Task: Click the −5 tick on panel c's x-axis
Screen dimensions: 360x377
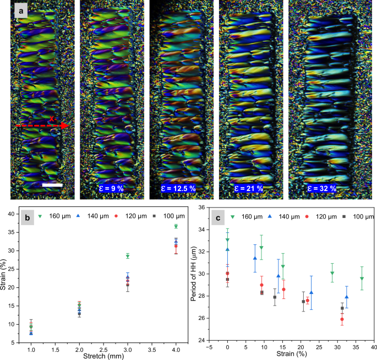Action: (x=209, y=346)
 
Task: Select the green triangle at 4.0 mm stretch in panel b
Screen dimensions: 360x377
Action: (x=176, y=226)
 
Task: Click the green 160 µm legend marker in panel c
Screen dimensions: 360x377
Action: (x=233, y=217)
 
